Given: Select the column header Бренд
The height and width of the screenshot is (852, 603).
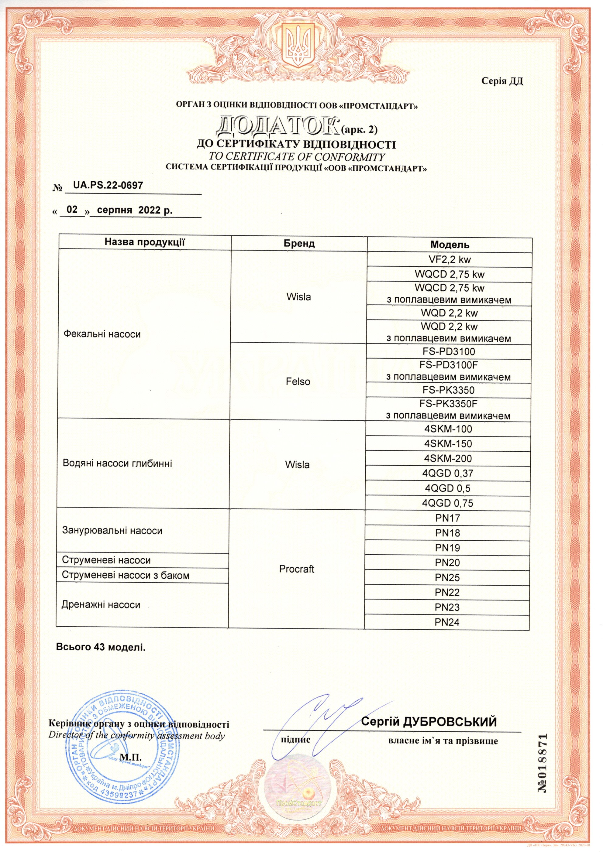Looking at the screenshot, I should click(299, 243).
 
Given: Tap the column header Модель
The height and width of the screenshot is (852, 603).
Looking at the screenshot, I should click(450, 245).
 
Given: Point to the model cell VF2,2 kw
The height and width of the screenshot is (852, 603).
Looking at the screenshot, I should click(450, 259).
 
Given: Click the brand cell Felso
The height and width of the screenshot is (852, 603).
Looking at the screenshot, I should click(298, 382).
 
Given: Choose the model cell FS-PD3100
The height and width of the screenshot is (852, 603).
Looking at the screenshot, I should click(449, 351).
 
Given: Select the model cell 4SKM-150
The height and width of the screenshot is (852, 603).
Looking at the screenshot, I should click(448, 444).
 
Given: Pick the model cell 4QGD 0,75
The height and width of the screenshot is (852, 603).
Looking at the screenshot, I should click(448, 503).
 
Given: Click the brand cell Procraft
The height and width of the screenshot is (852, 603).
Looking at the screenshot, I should click(296, 569).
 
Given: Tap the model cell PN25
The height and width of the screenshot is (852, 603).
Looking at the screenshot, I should click(447, 578).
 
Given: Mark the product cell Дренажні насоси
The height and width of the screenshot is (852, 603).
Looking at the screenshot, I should click(101, 605).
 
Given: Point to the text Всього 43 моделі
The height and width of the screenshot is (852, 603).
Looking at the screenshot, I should click(101, 647).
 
